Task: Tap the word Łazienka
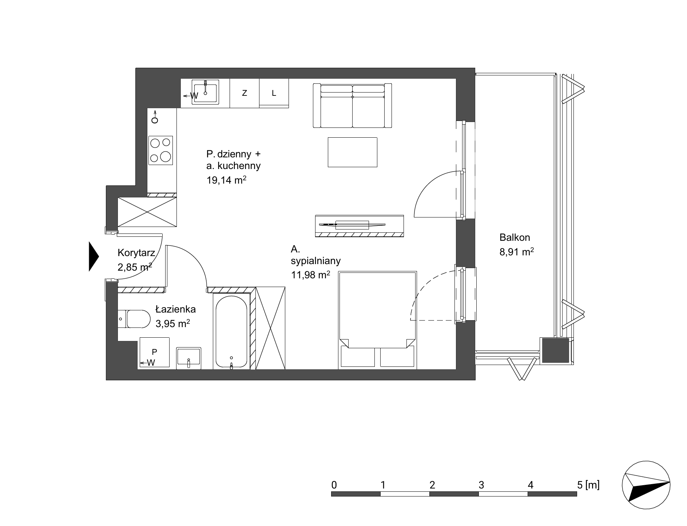(x=176, y=309)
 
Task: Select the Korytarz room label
(x=136, y=253)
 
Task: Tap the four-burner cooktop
(x=161, y=150)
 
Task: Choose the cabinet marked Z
(x=245, y=93)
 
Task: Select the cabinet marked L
(x=274, y=93)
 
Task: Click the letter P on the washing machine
(x=154, y=352)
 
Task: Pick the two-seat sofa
(x=353, y=106)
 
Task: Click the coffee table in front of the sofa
(x=353, y=152)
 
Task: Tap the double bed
(x=377, y=320)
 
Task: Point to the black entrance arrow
(x=94, y=256)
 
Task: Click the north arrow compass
(x=646, y=486)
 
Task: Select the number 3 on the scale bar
(x=481, y=485)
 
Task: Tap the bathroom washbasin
(x=188, y=358)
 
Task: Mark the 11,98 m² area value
(x=310, y=275)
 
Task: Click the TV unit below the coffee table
(x=360, y=226)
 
